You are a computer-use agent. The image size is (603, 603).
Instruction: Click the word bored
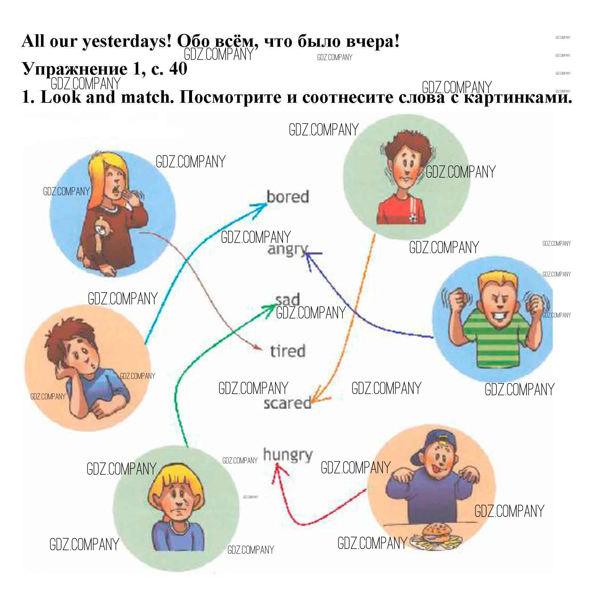click(287, 197)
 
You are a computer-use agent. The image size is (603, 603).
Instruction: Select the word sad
click(287, 300)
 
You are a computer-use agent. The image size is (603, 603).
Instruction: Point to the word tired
click(287, 351)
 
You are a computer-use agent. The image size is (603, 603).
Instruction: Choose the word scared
click(287, 403)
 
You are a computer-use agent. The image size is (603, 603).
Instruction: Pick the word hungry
click(287, 455)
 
